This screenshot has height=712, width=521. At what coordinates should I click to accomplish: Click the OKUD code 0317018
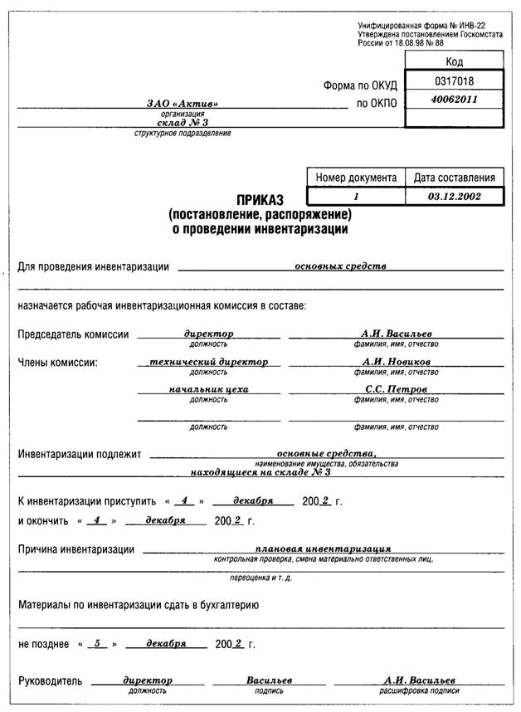coord(454,80)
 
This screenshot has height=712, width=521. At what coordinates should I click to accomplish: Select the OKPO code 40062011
coord(454,99)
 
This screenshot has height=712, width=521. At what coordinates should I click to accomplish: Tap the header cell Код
coord(454,61)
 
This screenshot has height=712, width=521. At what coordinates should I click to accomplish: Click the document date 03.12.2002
coord(454,197)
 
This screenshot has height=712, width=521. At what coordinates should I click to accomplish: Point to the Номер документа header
coord(357,178)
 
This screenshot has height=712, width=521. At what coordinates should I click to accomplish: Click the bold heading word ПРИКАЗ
coord(260,200)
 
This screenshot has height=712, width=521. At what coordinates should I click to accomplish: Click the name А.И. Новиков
coord(396,363)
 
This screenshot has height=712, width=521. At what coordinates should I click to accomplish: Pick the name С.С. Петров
coord(396,389)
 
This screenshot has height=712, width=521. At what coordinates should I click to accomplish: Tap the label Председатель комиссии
coord(74,334)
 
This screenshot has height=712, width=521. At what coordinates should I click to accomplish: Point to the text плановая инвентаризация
coord(324,549)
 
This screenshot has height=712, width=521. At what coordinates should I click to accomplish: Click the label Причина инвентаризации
coord(76,549)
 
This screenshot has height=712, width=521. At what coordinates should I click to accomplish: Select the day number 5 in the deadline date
coord(98,643)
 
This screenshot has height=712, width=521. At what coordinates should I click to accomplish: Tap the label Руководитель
coord(51,681)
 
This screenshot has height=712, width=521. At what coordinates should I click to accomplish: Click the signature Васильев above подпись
coord(269,680)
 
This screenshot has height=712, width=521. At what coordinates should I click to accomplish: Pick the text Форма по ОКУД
coord(360,85)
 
